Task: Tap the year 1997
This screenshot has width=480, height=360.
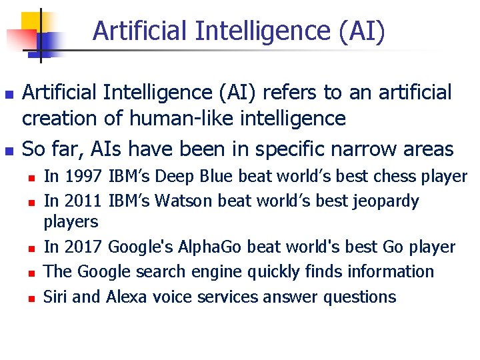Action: click(83, 177)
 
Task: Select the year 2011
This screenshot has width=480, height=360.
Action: click(83, 201)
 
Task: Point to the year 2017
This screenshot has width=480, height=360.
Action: click(83, 247)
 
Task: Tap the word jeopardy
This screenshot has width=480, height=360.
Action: click(386, 201)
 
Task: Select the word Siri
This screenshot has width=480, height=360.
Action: click(55, 297)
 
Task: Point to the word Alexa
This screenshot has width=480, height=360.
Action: click(126, 297)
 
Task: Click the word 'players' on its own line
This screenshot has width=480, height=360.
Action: click(71, 221)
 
